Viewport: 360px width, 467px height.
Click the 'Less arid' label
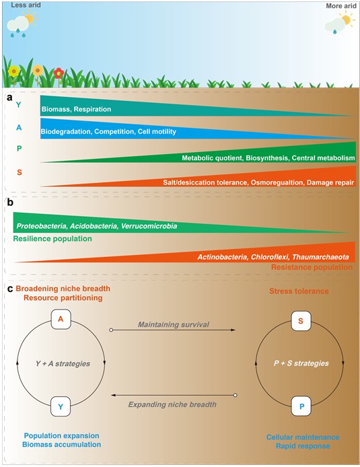click(26, 5)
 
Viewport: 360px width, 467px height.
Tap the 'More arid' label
click(341, 5)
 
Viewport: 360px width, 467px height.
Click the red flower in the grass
click(59, 73)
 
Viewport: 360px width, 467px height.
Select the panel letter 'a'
click(9, 98)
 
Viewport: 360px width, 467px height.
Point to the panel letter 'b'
click(10, 203)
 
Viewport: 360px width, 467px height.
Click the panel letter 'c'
click(10, 289)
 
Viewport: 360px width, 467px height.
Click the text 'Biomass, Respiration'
click(76, 109)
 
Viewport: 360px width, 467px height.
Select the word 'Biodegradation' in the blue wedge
click(65, 132)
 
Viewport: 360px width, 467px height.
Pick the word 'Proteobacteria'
click(41, 226)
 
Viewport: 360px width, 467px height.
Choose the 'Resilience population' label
click(52, 239)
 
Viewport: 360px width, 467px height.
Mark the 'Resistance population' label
click(312, 267)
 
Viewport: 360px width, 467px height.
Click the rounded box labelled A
click(61, 319)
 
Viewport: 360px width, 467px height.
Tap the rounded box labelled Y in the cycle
click(61, 406)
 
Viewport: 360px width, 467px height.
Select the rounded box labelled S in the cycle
click(301, 321)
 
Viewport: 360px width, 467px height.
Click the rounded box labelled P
click(301, 406)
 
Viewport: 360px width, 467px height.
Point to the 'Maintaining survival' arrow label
click(174, 324)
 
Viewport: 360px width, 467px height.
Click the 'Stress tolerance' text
click(299, 291)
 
